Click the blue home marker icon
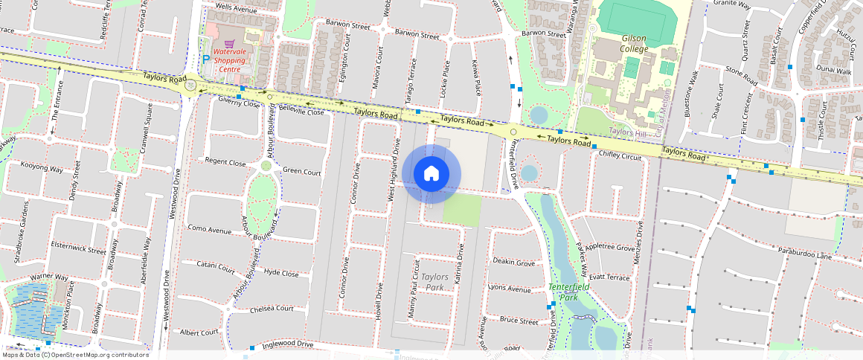pyautogui.click(x=431, y=174)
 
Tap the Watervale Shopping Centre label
pyautogui.click(x=229, y=60)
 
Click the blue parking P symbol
pyautogui.click(x=206, y=59)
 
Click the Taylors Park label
pyautogui.click(x=434, y=282)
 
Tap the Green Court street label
pyautogui.click(x=301, y=172)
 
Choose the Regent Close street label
pyautogui.click(x=225, y=162)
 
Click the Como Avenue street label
pyautogui.click(x=210, y=230)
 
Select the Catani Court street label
pyautogui.click(x=216, y=265)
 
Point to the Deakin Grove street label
pyautogui.click(x=513, y=263)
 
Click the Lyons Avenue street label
pyautogui.click(x=509, y=288)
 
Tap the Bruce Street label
pyautogui.click(x=519, y=321)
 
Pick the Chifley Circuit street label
pyautogui.click(x=620, y=156)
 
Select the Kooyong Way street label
pyautogui.click(x=42, y=168)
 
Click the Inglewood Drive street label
pyautogui.click(x=286, y=344)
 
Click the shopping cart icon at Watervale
pyautogui.click(x=230, y=43)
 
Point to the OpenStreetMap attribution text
pyautogui.click(x=76, y=355)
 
